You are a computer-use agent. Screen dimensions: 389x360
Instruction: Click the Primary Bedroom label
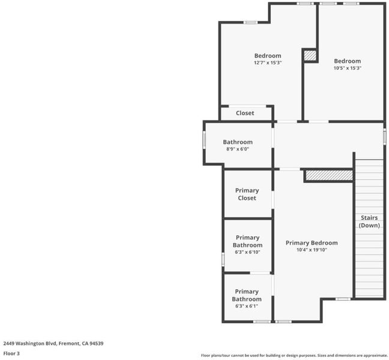[312, 243]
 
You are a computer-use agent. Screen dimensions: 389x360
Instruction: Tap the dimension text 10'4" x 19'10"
[312, 250]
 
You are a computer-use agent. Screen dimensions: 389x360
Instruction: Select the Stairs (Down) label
[369, 221]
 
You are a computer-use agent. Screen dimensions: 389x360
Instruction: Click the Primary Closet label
[247, 194]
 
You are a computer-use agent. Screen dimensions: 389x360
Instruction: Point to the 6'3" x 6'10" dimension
[247, 252]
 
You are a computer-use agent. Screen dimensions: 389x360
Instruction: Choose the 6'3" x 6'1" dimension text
[247, 306]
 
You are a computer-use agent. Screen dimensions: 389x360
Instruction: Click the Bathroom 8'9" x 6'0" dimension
[238, 149]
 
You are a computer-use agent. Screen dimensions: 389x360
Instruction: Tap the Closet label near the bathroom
[245, 113]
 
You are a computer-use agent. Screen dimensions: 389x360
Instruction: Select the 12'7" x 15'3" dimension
[268, 62]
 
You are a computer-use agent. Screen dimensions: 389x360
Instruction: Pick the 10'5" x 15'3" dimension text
[348, 68]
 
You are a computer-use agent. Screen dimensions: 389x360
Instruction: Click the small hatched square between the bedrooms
[310, 55]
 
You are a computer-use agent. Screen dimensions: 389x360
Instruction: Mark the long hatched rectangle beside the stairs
[329, 175]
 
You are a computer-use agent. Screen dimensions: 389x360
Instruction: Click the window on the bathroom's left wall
[204, 140]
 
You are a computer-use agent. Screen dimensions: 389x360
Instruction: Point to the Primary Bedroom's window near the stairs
[343, 299]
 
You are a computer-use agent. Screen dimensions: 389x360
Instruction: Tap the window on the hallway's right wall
[384, 136]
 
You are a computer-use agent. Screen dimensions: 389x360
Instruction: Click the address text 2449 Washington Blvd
[30, 343]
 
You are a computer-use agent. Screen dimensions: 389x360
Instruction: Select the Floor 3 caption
[11, 353]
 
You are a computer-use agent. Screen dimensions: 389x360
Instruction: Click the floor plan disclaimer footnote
[294, 356]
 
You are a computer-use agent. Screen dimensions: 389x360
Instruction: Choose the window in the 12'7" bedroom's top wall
[250, 22]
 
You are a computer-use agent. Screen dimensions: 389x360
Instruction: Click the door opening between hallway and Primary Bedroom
[290, 169]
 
